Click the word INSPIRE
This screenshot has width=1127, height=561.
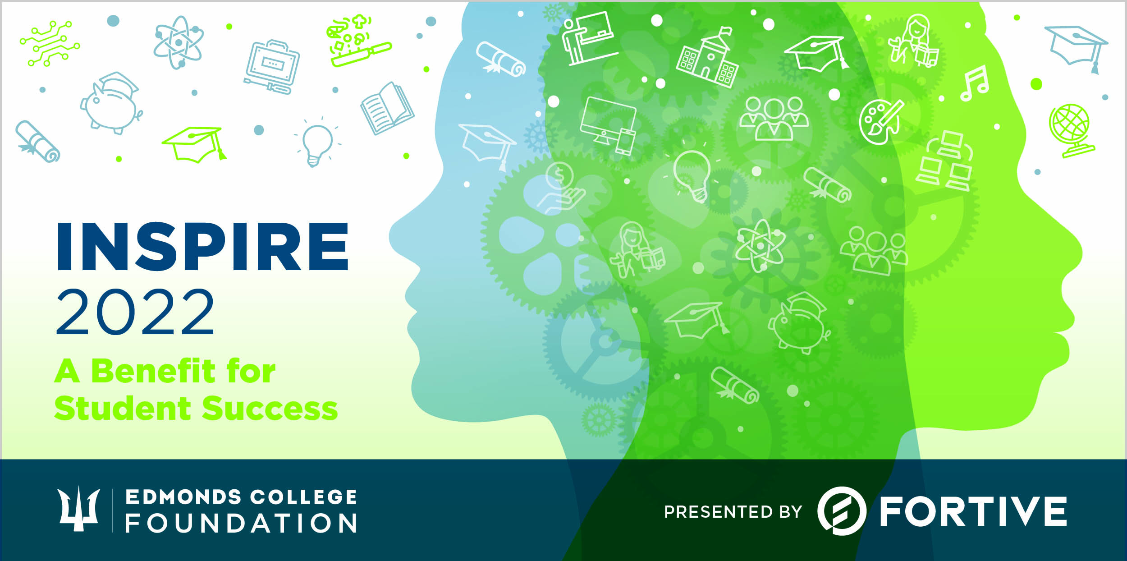pos(202,246)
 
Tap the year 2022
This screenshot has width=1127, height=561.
pos(135,312)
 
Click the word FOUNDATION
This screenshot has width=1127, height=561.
pos(241,523)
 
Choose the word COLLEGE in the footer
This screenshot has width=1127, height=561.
pos(303,497)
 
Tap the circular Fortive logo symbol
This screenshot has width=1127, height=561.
pos(842,511)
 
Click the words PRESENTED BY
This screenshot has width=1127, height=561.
pos(733,512)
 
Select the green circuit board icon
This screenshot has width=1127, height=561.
pos(50,43)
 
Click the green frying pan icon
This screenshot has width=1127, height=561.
pos(358,41)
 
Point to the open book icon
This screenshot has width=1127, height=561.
pos(387,108)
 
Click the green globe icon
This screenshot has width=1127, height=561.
pos(1070,130)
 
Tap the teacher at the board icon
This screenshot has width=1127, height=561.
pos(588,38)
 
